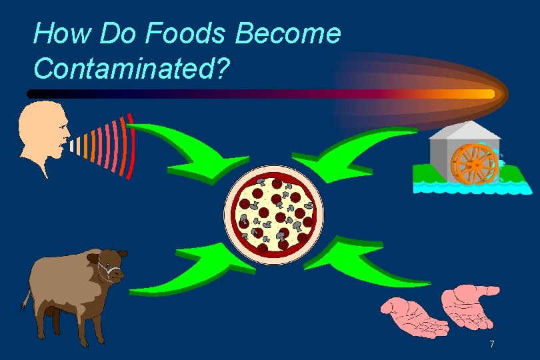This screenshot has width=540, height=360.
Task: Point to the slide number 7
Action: (491, 344)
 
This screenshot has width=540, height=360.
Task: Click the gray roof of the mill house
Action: (465, 130)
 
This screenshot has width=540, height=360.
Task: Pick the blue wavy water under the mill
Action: (467, 187)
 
